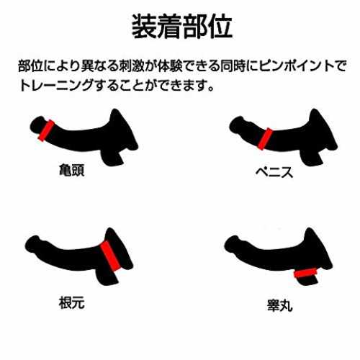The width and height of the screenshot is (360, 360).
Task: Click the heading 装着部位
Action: [x=182, y=27]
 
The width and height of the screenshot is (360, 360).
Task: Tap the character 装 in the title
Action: [x=144, y=27]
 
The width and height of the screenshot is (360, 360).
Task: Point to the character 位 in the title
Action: [x=220, y=27]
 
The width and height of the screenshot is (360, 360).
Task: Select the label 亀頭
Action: [x=71, y=170]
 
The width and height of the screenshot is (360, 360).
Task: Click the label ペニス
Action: [x=274, y=172]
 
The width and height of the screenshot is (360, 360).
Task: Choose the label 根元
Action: [x=71, y=302]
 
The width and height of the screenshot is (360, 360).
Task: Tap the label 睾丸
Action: [x=280, y=305]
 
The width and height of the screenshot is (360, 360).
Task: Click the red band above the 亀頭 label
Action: [x=46, y=130]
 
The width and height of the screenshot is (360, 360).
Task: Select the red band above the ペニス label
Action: [x=266, y=139]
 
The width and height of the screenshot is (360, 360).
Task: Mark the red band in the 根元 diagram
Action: [x=110, y=256]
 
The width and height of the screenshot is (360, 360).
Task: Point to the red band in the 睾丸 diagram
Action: [x=305, y=273]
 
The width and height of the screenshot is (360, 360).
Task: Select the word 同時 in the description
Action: [x=233, y=66]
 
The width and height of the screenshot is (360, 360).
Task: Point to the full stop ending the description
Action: [x=211, y=89]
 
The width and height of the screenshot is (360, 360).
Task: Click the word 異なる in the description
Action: [x=94, y=66]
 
